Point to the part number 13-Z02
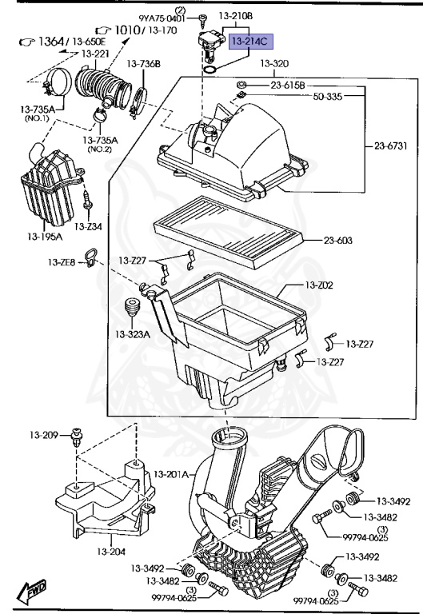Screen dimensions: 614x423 tap(319, 285)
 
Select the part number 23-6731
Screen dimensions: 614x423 tap(391, 146)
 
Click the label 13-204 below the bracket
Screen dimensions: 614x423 tap(111, 551)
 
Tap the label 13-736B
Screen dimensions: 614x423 tap(144, 63)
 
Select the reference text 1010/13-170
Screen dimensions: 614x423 tap(135, 30)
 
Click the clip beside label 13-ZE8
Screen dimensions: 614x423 tap(90, 257)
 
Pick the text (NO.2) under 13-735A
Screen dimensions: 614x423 tap(99, 149)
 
